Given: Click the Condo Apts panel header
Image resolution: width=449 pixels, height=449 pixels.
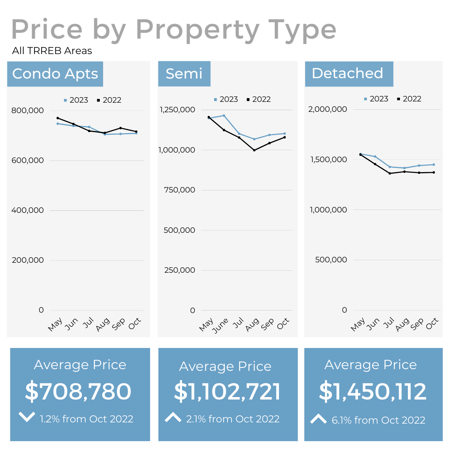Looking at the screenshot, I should point(55,74).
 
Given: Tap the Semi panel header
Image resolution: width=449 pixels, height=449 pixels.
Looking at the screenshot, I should point(184,74).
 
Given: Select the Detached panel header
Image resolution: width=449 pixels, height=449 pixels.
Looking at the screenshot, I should point(348,73).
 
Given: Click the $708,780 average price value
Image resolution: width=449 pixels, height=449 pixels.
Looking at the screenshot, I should point(78,392).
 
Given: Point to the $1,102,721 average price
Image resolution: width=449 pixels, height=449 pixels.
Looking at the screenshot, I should point(227,392).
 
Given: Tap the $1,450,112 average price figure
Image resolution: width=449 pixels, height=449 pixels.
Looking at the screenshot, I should point(373,392).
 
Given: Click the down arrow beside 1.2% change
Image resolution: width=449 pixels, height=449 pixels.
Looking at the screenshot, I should point(27,417).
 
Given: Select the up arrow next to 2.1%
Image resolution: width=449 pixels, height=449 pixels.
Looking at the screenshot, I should point(173,417).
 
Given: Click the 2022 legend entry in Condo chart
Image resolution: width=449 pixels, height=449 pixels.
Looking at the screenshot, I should point(109,100).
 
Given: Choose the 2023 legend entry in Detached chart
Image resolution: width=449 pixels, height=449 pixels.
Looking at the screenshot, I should point(376,99).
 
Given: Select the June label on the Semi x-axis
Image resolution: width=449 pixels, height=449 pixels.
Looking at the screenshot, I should point(220,325).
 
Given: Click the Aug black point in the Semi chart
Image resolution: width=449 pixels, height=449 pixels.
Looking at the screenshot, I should point(254,150).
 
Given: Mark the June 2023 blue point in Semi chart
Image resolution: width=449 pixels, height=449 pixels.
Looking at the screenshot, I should point(224,116).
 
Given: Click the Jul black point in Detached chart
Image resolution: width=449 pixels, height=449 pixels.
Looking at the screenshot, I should point(390,173).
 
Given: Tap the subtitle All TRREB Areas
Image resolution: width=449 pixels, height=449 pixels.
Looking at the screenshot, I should point(52,51).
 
